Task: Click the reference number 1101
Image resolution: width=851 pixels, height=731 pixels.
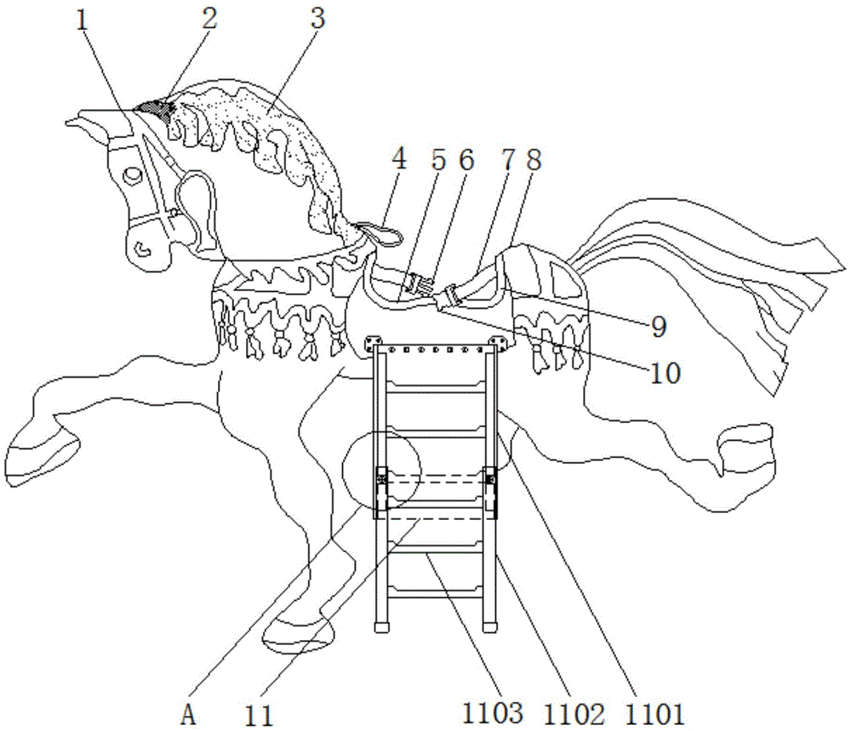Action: click(x=655, y=714)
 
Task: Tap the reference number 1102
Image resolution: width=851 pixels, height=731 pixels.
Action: click(x=574, y=714)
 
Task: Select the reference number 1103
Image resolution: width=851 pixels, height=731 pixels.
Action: click(x=493, y=714)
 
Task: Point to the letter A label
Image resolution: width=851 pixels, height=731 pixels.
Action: click(x=188, y=716)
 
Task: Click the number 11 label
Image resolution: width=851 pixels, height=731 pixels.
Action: click(x=259, y=716)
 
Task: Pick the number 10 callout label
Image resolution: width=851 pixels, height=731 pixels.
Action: click(x=665, y=373)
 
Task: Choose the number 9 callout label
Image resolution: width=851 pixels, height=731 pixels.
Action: click(x=659, y=326)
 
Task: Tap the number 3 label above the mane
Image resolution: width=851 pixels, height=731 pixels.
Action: click(x=317, y=18)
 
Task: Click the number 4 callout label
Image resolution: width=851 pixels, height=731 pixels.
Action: click(x=399, y=158)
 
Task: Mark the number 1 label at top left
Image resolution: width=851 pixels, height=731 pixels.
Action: click(x=82, y=20)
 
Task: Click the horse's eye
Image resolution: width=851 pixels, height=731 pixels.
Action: click(x=132, y=175)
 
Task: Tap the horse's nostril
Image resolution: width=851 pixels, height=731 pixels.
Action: click(x=142, y=249)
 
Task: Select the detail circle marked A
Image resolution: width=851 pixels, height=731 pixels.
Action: click(x=381, y=471)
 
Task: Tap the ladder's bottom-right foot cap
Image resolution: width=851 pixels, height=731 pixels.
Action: click(x=489, y=627)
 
